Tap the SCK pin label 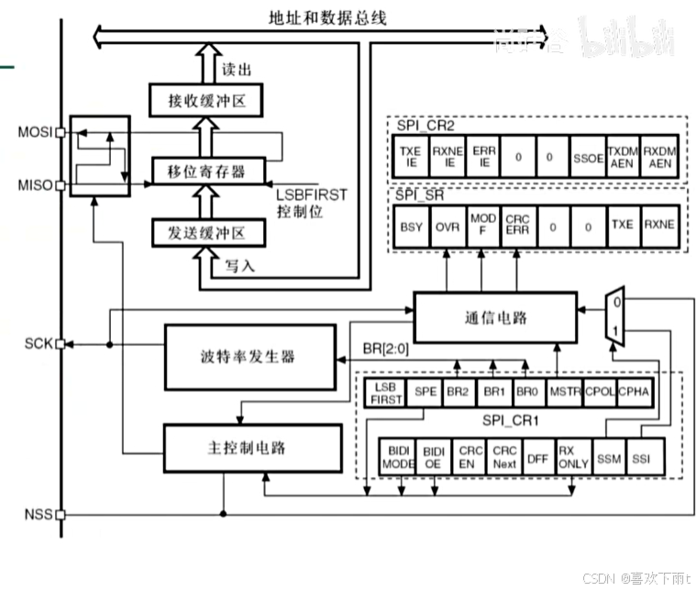click(x=38, y=344)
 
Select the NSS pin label click(x=38, y=515)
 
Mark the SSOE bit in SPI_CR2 click(x=588, y=157)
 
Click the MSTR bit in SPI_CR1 click(x=559, y=391)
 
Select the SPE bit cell click(x=425, y=391)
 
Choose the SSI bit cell click(x=640, y=457)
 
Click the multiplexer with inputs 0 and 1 click(x=614, y=316)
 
